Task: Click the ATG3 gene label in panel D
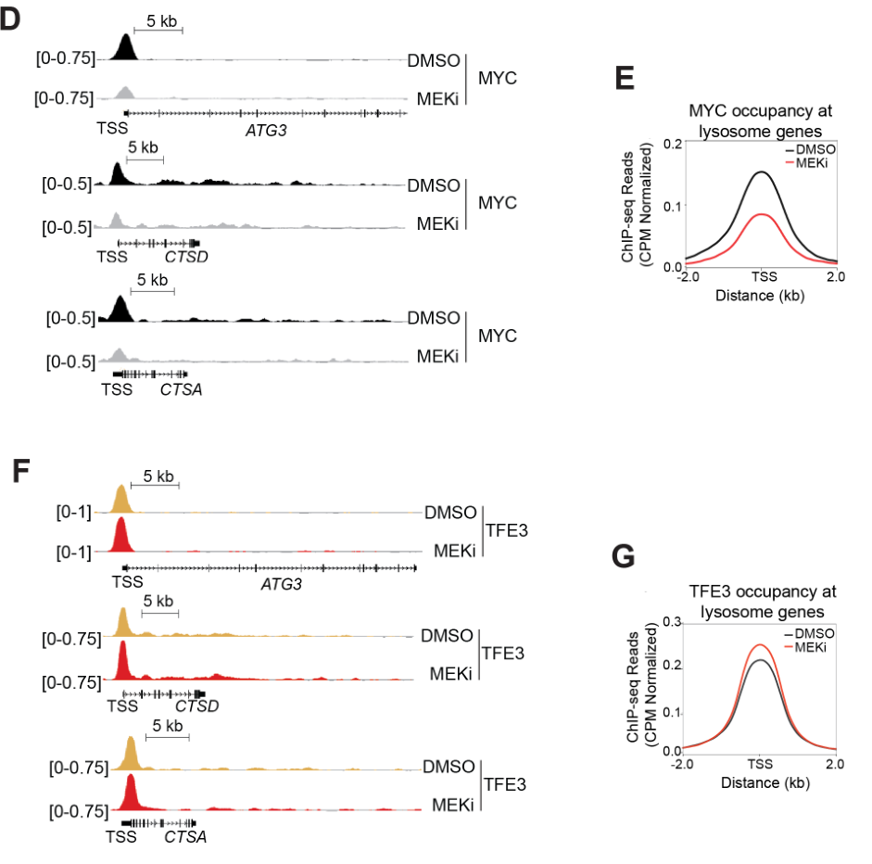(266, 131)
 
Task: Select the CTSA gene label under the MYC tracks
(181, 389)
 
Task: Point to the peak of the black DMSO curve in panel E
(760, 172)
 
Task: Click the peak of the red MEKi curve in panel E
(760, 214)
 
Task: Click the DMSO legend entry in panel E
(813, 148)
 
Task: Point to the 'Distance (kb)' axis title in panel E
(760, 296)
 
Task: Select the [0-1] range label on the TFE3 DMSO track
(71, 512)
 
